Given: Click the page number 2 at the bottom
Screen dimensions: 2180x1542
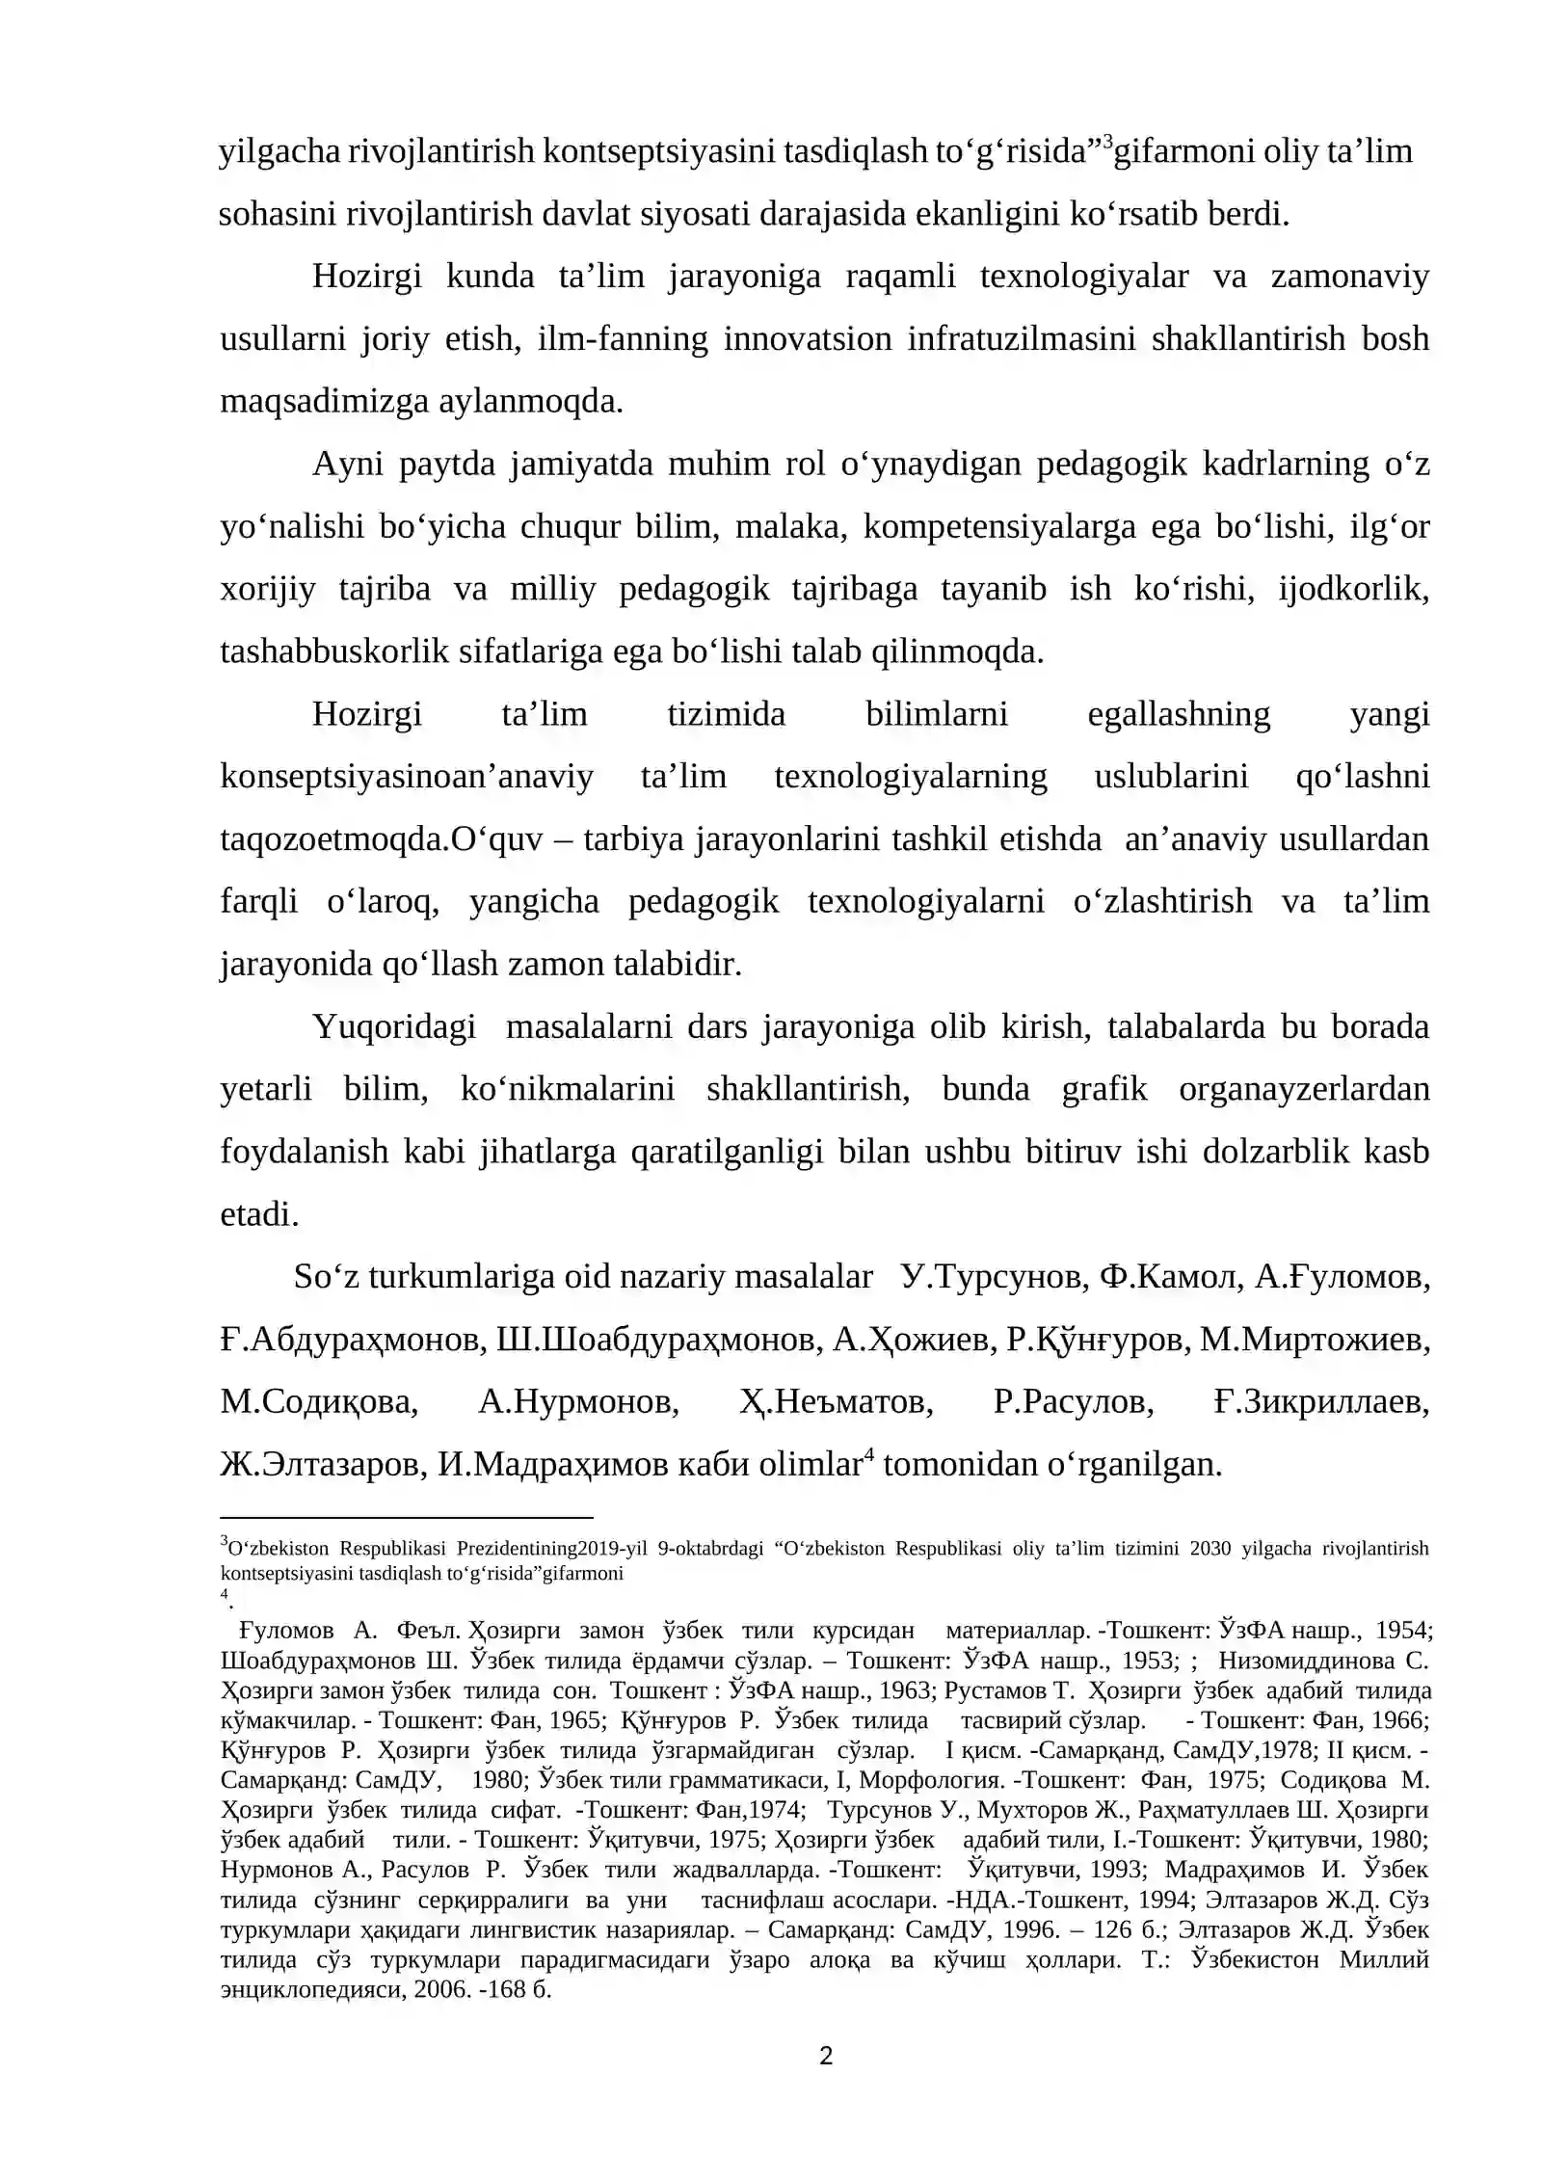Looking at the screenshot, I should point(826,2057).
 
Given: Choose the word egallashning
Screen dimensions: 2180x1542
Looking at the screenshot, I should point(1178,714).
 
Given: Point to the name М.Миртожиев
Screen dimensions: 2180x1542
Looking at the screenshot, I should point(1314,1340).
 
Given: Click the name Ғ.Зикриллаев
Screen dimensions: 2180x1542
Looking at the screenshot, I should point(1320,1402).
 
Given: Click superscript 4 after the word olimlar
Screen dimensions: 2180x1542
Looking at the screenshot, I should point(867,1453).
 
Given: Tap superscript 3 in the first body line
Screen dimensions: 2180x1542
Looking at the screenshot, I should point(1107,143).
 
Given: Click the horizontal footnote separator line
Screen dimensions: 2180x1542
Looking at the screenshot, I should point(406,1517).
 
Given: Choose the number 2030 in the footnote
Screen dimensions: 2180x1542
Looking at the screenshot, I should point(1210,1549).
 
